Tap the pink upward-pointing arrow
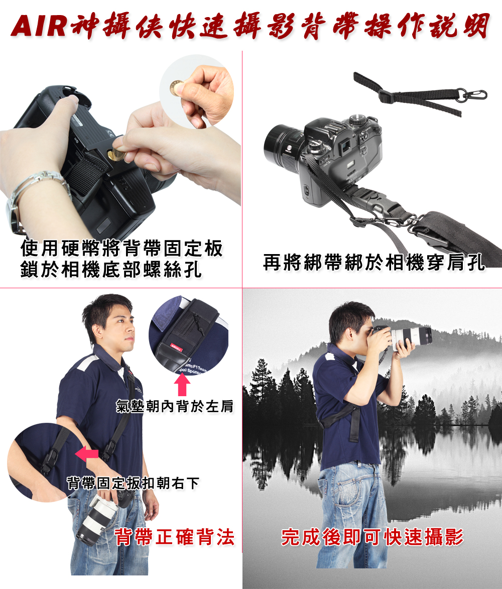[182, 384]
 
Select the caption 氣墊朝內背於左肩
[175, 406]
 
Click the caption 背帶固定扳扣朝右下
[133, 483]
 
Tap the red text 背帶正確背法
[175, 537]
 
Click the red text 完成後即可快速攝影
[372, 537]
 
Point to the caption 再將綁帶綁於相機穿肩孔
[374, 262]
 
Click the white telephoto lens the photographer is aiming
[411, 338]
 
